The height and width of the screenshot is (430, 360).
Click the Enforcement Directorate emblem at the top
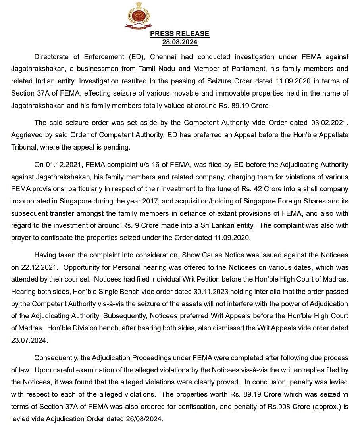[139, 15]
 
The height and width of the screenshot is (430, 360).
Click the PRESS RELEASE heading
[179, 34]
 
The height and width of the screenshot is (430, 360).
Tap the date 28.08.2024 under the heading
[179, 42]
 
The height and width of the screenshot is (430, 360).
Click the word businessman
[112, 69]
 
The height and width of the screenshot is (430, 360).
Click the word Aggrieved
[26, 135]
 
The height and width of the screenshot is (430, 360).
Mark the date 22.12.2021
[38, 267]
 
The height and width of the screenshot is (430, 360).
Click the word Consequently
[56, 358]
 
